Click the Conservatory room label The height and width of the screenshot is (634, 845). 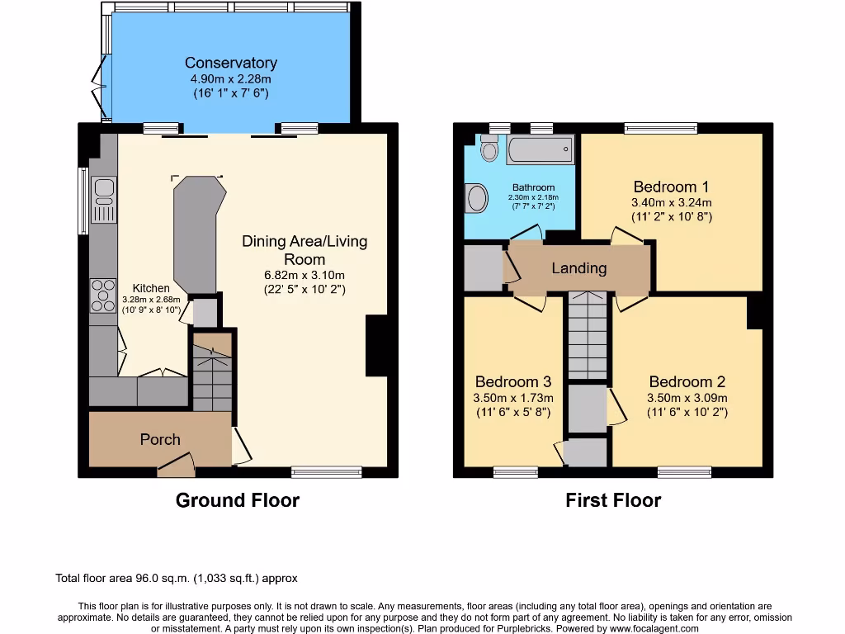[x=230, y=63]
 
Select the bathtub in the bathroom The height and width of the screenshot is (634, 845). [x=540, y=150]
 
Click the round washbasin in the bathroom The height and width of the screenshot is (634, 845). [x=478, y=198]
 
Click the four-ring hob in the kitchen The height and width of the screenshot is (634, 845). [x=104, y=296]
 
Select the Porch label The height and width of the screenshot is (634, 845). [x=160, y=439]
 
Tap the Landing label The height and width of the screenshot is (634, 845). [x=578, y=268]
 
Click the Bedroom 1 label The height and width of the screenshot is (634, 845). [x=671, y=187]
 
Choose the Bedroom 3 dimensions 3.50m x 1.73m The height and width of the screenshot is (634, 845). [x=512, y=397]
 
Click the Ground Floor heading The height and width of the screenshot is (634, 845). [x=237, y=500]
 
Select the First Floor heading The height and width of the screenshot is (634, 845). [x=613, y=500]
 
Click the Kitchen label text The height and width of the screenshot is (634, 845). [x=151, y=289]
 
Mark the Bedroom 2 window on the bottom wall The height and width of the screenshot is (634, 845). [x=684, y=472]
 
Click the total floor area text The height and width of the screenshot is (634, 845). [x=176, y=579]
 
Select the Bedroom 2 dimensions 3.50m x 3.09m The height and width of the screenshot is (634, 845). [x=687, y=397]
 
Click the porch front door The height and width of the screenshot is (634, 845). [x=176, y=468]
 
